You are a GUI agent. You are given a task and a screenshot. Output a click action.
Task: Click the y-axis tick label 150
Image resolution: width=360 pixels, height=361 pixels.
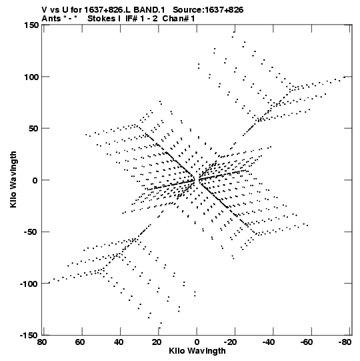click(x=31, y=25)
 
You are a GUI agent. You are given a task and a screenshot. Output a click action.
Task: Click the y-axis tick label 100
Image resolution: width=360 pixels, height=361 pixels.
click(x=31, y=77)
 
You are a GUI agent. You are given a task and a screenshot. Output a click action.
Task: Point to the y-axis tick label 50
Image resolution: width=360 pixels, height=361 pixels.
click(x=33, y=128)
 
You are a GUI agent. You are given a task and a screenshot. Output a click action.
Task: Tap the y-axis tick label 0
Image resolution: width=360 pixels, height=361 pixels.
click(x=35, y=180)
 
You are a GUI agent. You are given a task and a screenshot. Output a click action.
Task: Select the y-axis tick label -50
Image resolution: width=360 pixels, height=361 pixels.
click(x=31, y=232)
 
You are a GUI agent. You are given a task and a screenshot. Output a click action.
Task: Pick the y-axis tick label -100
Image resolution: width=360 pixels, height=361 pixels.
click(x=29, y=284)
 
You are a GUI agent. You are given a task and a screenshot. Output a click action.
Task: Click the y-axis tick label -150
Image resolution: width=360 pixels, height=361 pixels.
click(x=29, y=335)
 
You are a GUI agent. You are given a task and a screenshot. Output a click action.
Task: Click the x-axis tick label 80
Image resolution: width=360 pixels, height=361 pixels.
click(x=41, y=342)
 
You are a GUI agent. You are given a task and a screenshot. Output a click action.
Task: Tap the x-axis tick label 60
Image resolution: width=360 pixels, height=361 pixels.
click(x=80, y=342)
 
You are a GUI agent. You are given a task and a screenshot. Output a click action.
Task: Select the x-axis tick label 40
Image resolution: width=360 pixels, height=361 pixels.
click(x=118, y=342)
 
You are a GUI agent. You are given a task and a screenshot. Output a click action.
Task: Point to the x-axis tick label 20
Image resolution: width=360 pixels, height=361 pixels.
click(x=157, y=342)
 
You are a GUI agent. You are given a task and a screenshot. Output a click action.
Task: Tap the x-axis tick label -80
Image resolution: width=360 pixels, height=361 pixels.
click(x=345, y=342)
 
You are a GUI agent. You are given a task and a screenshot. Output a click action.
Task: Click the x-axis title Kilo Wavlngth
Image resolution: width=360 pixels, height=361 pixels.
click(x=197, y=351)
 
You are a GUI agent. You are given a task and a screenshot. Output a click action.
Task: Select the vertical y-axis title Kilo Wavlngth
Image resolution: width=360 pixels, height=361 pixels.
click(x=13, y=179)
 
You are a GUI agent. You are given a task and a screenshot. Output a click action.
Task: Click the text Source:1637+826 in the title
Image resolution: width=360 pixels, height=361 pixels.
click(x=208, y=10)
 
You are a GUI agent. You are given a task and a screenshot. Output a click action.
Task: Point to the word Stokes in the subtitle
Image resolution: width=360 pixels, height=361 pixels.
click(x=101, y=19)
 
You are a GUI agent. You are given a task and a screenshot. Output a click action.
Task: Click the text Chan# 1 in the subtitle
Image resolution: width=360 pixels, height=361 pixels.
click(x=179, y=19)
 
